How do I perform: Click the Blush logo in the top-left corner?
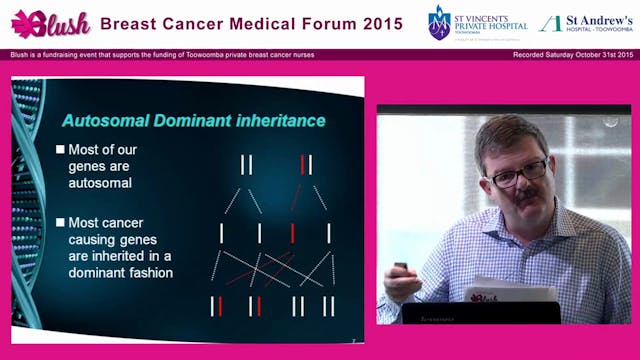tap(50, 23)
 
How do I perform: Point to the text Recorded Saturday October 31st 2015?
tap(575, 54)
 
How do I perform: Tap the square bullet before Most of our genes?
tap(60, 150)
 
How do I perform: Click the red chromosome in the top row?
tap(303, 164)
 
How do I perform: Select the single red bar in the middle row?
tap(292, 233)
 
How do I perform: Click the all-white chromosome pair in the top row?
tap(246, 164)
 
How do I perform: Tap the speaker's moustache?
tap(527, 197)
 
